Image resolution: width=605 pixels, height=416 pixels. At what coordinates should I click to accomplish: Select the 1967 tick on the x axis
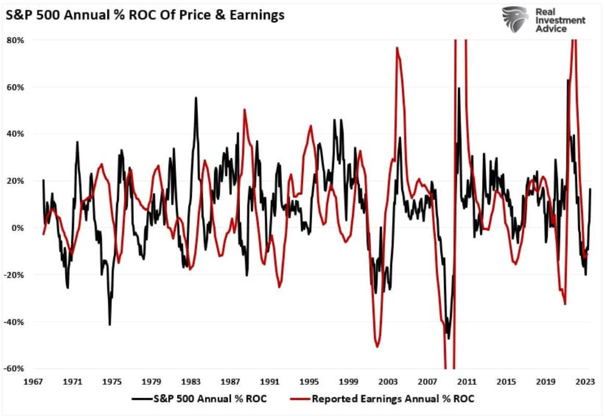tap(33, 381)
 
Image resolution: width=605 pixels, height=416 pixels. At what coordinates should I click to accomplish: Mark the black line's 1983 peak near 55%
tap(196, 97)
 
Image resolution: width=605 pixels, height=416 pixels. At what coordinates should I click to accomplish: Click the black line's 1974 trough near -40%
tap(109, 325)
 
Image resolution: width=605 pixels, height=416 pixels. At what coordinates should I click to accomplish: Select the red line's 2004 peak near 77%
tap(397, 47)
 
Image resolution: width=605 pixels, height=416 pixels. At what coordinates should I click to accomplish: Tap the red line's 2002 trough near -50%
tap(376, 347)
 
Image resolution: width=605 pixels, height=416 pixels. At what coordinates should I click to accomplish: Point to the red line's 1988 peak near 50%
tap(244, 109)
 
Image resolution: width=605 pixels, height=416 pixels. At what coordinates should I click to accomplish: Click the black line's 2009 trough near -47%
tap(448, 338)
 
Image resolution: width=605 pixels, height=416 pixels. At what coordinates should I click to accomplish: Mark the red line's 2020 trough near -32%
tap(565, 304)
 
